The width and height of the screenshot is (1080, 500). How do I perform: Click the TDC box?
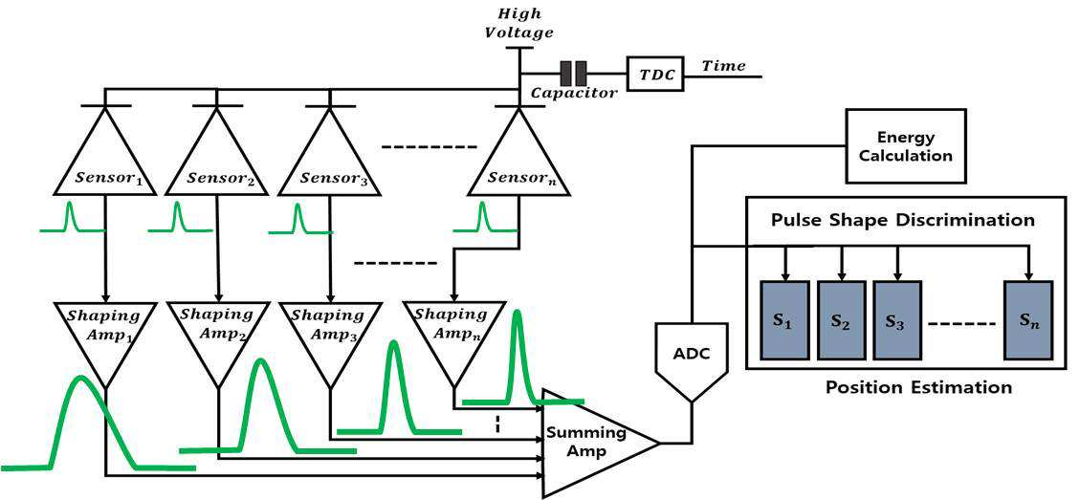(x=655, y=74)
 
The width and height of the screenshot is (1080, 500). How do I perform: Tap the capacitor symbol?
(x=573, y=73)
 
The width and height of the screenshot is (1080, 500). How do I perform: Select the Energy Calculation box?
(x=906, y=146)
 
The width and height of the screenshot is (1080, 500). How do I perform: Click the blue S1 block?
(x=784, y=319)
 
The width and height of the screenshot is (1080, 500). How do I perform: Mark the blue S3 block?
(x=896, y=319)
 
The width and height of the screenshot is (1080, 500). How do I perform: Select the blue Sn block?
(x=1028, y=319)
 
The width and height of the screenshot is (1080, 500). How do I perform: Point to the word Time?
(x=723, y=66)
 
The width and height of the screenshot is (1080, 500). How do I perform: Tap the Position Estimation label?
(x=919, y=387)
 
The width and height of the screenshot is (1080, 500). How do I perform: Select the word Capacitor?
(x=573, y=94)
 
